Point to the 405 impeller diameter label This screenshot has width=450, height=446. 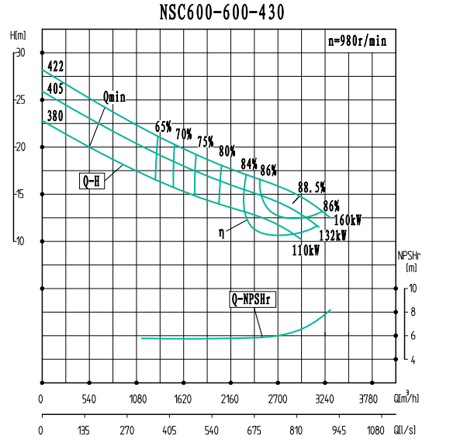54,89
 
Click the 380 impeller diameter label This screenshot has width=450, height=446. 54,116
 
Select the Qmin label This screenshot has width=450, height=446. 113,98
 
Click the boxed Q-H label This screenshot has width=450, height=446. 92,182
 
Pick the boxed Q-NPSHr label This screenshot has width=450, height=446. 254,299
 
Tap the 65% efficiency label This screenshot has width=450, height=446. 163,126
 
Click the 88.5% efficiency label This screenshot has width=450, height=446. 311,187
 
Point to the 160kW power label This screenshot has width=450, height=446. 348,220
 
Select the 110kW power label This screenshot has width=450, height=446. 306,251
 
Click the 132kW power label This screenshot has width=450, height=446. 332,236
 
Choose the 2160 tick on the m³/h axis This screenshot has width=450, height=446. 230,399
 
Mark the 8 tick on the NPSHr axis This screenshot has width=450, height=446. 414,312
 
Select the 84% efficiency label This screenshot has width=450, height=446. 248,164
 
